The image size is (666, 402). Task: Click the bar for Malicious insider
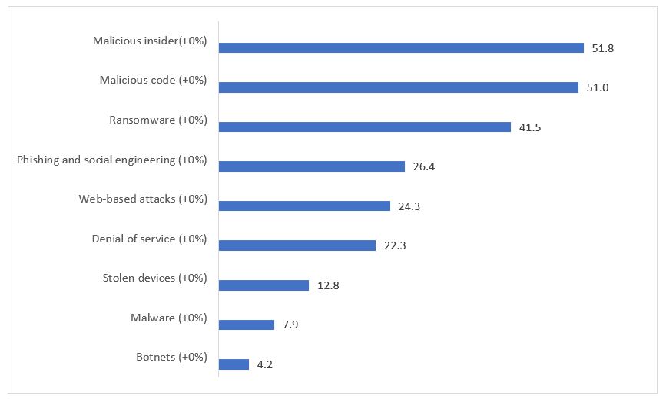tap(401, 48)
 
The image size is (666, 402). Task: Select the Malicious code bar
tap(398, 87)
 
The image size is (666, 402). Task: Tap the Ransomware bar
tap(365, 127)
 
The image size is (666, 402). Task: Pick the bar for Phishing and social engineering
tap(312, 166)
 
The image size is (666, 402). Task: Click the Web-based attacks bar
tap(304, 206)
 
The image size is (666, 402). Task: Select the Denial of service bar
tap(297, 245)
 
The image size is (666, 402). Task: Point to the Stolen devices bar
tap(263, 285)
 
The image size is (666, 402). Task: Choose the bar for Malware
tap(247, 325)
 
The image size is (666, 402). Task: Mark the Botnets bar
tap(234, 364)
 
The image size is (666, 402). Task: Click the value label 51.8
tap(604, 48)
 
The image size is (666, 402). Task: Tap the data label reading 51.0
tap(597, 87)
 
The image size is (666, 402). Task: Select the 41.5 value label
tap(530, 127)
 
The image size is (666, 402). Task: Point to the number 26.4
tap(424, 166)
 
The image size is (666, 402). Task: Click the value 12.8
tap(328, 285)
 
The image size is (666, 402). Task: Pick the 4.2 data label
tap(264, 364)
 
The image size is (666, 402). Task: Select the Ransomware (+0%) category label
tap(158, 120)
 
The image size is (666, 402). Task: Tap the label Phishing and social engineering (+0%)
tap(112, 160)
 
